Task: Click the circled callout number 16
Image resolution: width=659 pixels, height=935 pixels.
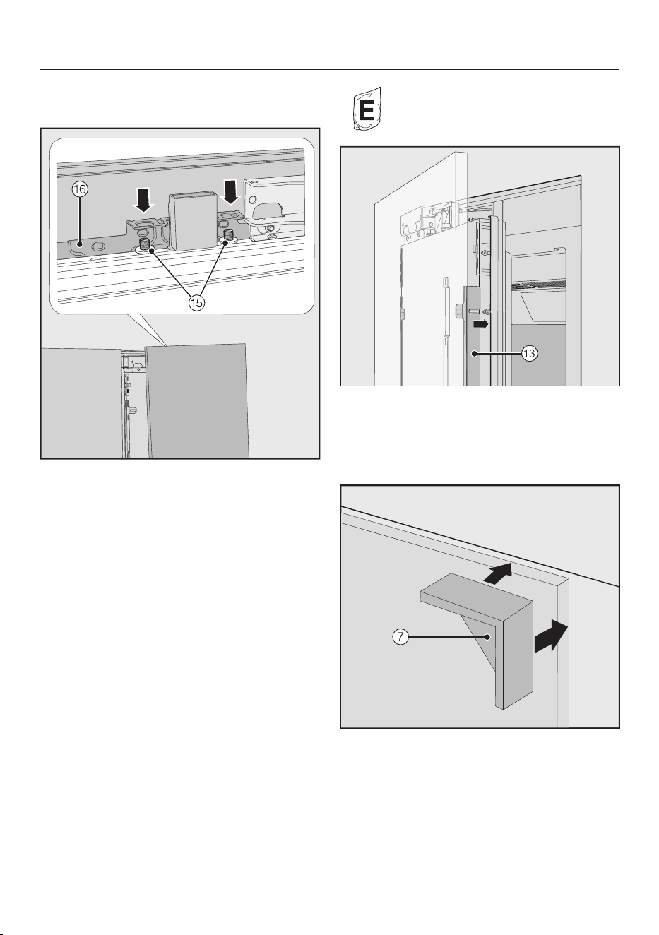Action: tap(80, 189)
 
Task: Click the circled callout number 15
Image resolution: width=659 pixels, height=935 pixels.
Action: tap(196, 303)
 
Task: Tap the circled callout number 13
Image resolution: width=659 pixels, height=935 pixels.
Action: tap(529, 354)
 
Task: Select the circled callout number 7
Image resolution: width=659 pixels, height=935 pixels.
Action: tap(400, 638)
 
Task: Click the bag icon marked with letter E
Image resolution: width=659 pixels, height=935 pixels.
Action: tap(367, 109)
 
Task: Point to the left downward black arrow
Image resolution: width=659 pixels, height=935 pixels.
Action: tap(143, 199)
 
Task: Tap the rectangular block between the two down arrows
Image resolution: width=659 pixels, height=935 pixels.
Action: tap(191, 221)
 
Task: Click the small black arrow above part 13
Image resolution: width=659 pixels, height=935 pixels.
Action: tap(480, 324)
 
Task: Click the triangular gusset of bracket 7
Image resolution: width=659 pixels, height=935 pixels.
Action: tap(479, 643)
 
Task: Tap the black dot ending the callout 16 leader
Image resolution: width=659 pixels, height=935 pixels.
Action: tap(80, 242)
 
